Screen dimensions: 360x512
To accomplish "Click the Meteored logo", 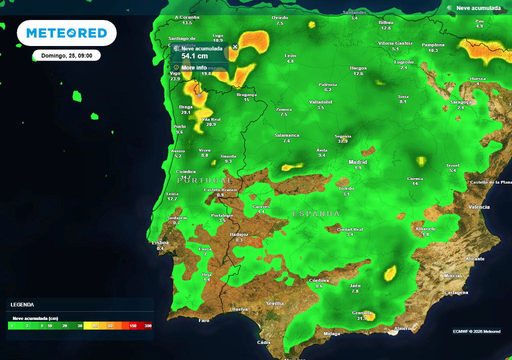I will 66,33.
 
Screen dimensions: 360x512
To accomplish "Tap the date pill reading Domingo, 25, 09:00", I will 66,55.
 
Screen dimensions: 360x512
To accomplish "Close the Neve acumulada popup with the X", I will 235,46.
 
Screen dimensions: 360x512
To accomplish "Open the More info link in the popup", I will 194,67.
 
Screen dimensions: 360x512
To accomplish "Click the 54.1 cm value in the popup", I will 194,56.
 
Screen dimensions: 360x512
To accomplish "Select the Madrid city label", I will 358,162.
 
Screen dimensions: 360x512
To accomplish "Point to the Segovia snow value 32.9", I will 342,141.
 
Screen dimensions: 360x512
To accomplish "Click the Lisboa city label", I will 160,243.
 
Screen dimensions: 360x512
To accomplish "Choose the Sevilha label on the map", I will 275,303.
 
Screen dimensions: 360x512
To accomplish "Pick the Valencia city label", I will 479,207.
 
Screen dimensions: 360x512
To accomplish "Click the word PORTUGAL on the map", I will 204,180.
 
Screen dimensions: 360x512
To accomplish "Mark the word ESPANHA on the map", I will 316,213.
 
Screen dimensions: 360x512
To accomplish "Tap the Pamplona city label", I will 433,44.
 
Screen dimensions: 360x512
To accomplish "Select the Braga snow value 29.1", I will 186,112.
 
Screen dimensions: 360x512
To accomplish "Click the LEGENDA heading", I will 22,304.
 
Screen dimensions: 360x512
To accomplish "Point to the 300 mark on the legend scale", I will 148,326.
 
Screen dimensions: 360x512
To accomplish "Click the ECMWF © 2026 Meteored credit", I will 476,331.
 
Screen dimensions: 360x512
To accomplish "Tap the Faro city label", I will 204,320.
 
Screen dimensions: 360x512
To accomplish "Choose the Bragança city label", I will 246,94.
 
